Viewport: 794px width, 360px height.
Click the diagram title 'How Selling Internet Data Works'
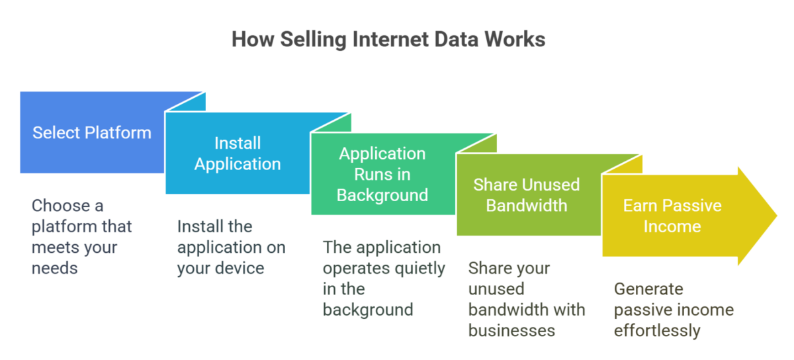388,40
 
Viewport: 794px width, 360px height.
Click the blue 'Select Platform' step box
92,132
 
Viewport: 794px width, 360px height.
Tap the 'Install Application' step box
238,154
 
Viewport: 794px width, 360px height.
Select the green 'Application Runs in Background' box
382,174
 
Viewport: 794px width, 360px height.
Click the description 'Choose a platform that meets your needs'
82,236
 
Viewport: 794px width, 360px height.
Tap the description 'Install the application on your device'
232,247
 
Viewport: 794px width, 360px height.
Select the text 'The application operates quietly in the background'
384,278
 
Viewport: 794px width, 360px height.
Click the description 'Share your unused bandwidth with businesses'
527,298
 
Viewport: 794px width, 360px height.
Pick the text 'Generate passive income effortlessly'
674,310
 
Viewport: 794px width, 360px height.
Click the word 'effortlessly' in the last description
657,330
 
